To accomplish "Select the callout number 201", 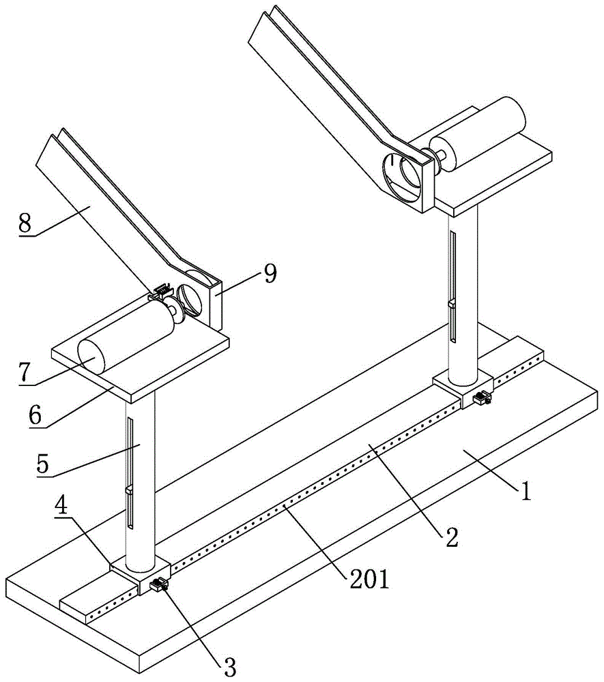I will (370, 580).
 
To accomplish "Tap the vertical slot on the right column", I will (451, 286).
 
